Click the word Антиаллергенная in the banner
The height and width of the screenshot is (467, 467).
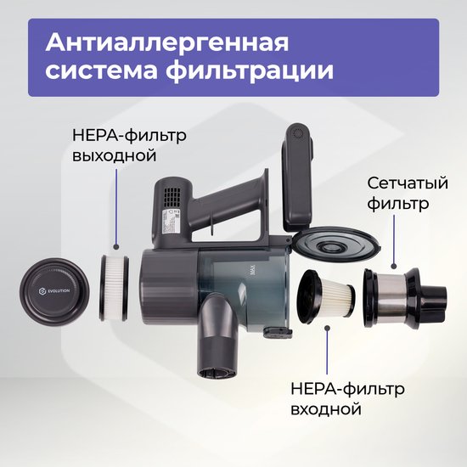(x=167, y=43)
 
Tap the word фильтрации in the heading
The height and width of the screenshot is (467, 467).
(x=250, y=70)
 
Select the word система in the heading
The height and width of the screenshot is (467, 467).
(x=101, y=70)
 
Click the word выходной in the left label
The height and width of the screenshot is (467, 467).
(x=115, y=155)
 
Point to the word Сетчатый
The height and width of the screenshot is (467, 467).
(x=408, y=183)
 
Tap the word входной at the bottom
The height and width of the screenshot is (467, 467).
(x=326, y=409)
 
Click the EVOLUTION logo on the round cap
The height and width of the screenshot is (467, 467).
(x=54, y=291)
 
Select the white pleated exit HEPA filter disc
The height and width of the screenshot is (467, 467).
(x=114, y=288)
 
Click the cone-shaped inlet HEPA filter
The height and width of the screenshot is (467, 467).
(x=325, y=297)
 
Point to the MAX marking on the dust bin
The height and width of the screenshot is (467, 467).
(x=252, y=271)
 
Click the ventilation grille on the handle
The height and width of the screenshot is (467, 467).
(x=173, y=198)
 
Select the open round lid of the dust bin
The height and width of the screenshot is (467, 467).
(x=336, y=244)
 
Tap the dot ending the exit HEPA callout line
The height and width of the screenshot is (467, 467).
(x=116, y=247)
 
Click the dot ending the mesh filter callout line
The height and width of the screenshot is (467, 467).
(x=394, y=267)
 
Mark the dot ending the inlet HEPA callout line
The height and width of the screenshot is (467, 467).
(x=327, y=329)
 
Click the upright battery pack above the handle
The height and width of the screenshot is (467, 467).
(x=298, y=177)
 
